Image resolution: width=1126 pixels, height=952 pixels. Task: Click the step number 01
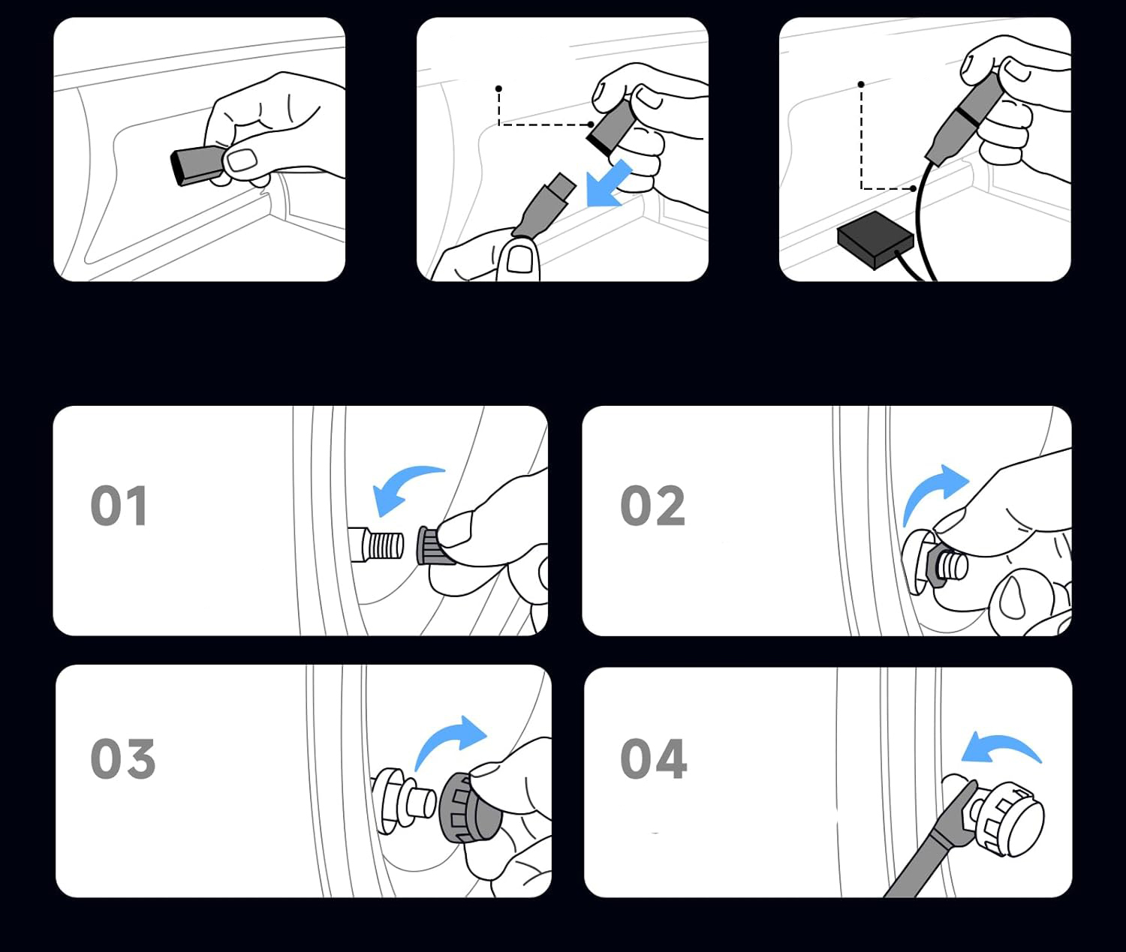point(119,506)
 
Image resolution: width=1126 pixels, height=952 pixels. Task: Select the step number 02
point(652,506)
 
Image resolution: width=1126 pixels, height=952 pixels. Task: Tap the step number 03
point(123,758)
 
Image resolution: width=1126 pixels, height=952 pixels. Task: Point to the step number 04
point(653,758)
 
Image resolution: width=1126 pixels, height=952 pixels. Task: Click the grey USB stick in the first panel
point(200,164)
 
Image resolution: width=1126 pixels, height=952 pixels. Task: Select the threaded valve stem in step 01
point(376,544)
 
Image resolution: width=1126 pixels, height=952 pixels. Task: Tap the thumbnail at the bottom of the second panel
point(520,259)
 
